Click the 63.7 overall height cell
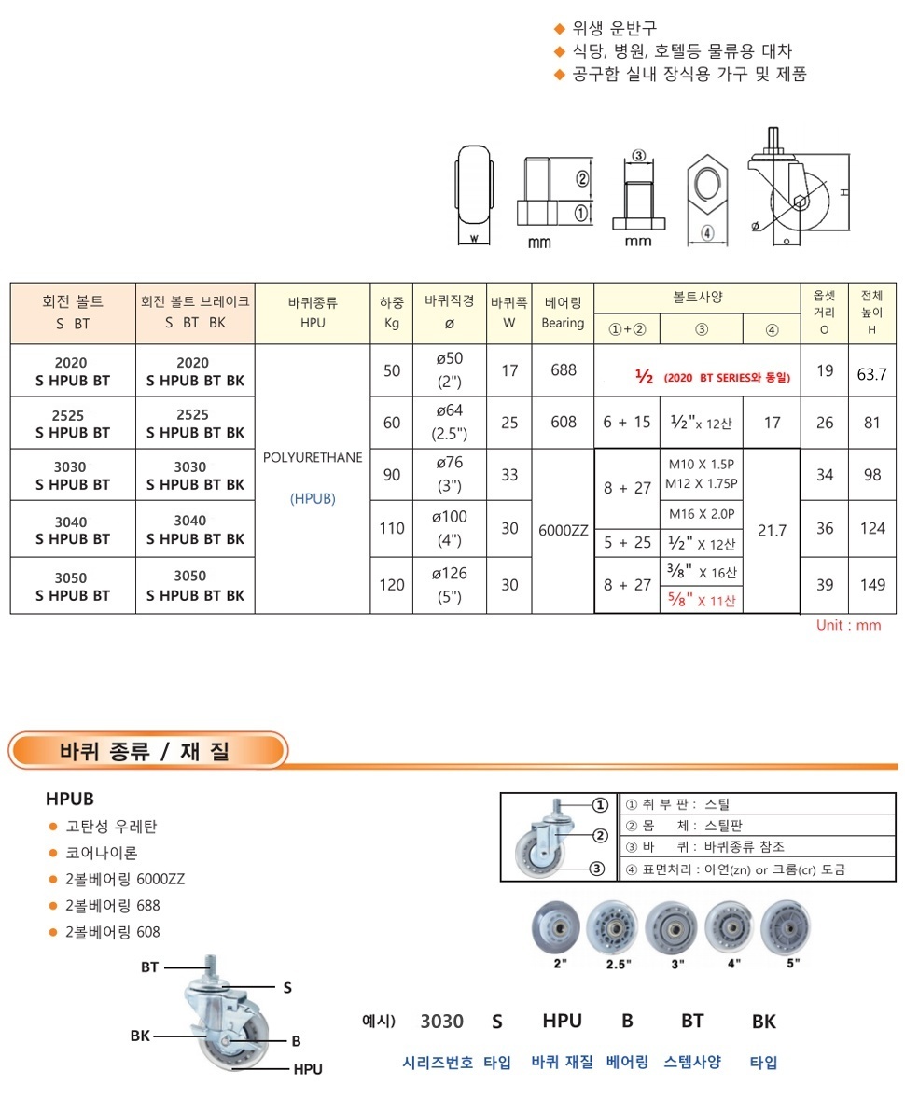pyautogui.click(x=871, y=371)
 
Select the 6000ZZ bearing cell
pyautogui.click(x=564, y=529)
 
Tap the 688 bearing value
pyautogui.click(x=564, y=370)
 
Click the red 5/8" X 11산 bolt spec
pyautogui.click(x=702, y=600)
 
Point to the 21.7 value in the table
pyautogui.click(x=772, y=530)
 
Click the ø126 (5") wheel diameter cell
pyautogui.click(x=449, y=585)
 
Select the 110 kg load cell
pyautogui.click(x=392, y=528)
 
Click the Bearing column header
pyautogui.click(x=563, y=313)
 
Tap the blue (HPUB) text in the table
pyautogui.click(x=313, y=498)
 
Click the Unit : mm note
pyautogui.click(x=848, y=625)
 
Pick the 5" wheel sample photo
pyautogui.click(x=791, y=927)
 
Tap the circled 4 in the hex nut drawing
pyautogui.click(x=707, y=232)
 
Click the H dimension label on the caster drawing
pyautogui.click(x=842, y=192)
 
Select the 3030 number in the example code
pyautogui.click(x=441, y=1021)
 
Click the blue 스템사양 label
pyautogui.click(x=692, y=1062)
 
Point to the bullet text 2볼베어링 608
pyautogui.click(x=113, y=931)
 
